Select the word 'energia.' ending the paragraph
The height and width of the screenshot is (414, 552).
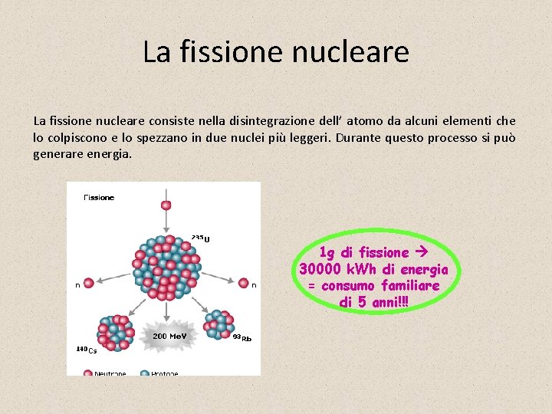tap(110, 154)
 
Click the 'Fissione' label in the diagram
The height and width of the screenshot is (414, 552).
tap(99, 198)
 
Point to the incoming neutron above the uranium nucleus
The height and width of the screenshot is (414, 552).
tap(166, 205)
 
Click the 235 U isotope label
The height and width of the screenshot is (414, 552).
tap(201, 238)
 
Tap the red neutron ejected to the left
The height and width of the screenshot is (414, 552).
tap(88, 283)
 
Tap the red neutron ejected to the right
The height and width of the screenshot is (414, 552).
tap(243, 283)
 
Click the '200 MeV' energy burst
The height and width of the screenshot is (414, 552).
tap(171, 335)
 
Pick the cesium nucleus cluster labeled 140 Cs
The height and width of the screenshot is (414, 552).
tap(115, 332)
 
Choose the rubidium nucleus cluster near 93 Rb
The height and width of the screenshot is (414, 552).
tap(220, 325)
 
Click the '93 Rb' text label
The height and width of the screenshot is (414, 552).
tap(242, 338)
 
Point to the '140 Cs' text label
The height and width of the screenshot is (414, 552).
tap(86, 350)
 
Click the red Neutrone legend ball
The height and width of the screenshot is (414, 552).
tap(89, 373)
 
